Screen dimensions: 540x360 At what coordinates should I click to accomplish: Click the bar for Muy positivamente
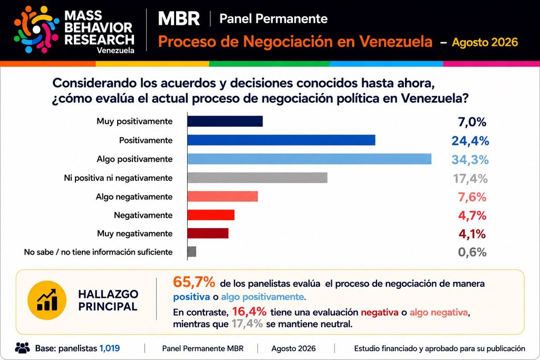[x=225, y=121]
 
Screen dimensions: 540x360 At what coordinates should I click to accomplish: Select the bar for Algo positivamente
[x=310, y=159]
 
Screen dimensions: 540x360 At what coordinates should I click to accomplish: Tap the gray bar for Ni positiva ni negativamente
[x=257, y=178]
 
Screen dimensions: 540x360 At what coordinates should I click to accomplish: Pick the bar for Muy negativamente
[x=208, y=233]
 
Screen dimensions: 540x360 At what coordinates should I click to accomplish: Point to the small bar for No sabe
[x=192, y=251]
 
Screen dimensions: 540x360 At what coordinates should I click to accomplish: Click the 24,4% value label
[x=470, y=141]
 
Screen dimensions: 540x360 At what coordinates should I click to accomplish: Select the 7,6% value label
[x=472, y=197]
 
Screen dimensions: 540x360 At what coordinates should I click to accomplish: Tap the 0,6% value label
[x=472, y=252]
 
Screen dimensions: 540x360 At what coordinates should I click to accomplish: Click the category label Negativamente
[x=143, y=216]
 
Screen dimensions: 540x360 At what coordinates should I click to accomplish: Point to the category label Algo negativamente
[x=134, y=197]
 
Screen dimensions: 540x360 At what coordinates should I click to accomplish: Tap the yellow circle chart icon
[x=47, y=300]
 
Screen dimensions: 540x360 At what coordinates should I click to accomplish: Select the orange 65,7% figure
[x=194, y=282]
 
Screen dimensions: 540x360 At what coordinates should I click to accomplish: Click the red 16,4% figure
[x=249, y=312]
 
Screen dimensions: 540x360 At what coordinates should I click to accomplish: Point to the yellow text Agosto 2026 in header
[x=485, y=42]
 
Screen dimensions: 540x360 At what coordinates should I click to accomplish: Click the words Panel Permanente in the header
[x=274, y=18]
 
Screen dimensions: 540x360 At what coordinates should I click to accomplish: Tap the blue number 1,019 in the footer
[x=110, y=348]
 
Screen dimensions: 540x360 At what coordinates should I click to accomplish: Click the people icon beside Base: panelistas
[x=22, y=348]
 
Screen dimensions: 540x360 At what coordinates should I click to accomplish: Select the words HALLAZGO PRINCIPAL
[x=108, y=300]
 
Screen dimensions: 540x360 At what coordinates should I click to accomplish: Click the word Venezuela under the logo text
[x=115, y=50]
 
